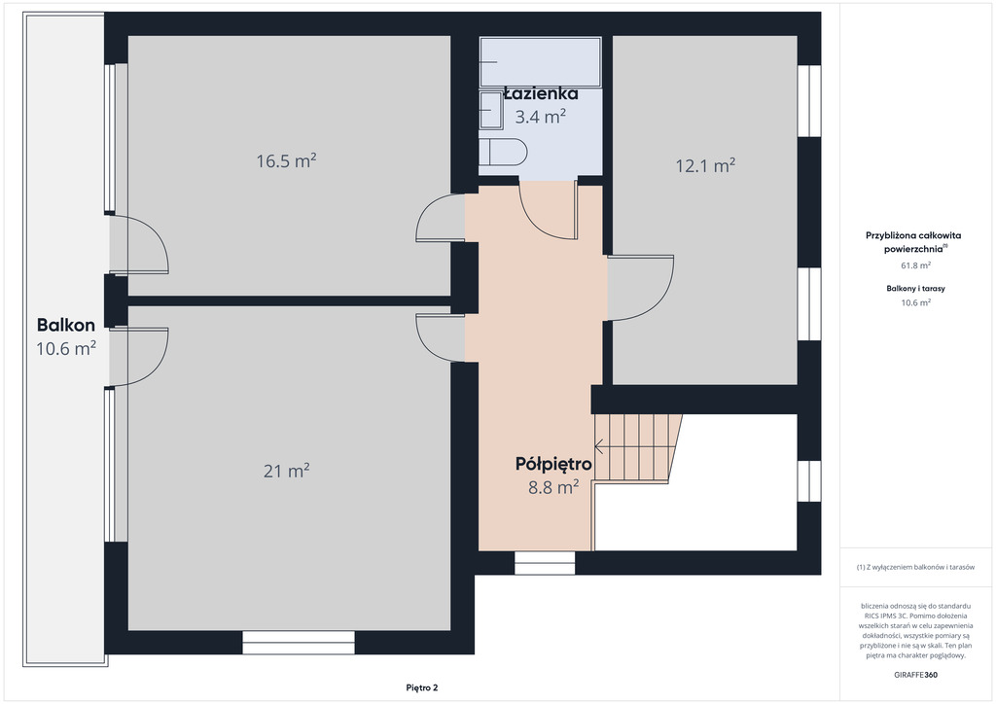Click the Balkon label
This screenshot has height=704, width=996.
click(x=66, y=325)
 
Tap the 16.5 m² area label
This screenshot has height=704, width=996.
click(x=287, y=160)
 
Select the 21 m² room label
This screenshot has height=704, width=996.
click(x=287, y=471)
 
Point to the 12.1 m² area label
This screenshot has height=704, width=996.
click(x=705, y=165)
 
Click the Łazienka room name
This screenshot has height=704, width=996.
click(x=541, y=94)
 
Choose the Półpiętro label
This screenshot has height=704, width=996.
click(x=553, y=464)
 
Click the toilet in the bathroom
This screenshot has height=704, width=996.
click(x=503, y=153)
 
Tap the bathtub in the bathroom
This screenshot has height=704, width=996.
click(x=541, y=61)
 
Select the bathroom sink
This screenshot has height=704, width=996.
click(x=491, y=111)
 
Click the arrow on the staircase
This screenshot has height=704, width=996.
click(x=631, y=447)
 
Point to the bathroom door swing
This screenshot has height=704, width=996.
click(x=549, y=210)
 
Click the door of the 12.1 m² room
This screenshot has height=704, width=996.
click(x=640, y=288)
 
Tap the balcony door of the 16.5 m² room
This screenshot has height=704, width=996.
click(x=138, y=244)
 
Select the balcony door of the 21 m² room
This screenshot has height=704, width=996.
click(x=138, y=357)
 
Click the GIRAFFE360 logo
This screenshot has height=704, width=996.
click(x=915, y=675)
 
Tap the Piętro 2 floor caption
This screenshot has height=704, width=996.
click(x=422, y=687)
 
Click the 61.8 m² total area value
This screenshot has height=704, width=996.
click(x=916, y=265)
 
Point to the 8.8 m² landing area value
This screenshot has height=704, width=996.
click(x=553, y=487)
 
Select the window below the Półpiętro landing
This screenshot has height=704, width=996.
click(x=545, y=563)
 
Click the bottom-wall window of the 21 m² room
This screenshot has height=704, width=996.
click(x=299, y=643)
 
